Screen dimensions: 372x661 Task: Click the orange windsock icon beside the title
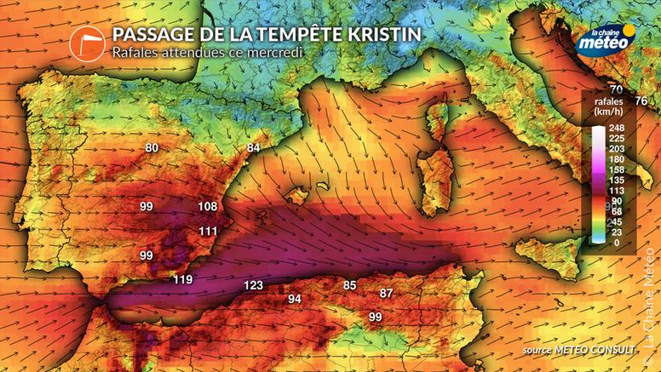click(x=87, y=42)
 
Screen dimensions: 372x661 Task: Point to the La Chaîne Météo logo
click(x=606, y=41)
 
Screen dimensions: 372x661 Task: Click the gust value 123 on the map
click(x=253, y=285)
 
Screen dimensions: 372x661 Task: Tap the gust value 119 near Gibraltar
click(x=182, y=279)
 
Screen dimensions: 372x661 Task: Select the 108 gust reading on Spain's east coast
click(x=207, y=207)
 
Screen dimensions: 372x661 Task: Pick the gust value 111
click(x=208, y=231)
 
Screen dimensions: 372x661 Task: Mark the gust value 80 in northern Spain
click(x=152, y=148)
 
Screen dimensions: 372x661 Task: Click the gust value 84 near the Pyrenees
click(x=253, y=148)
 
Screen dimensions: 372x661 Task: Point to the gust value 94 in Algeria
click(x=295, y=299)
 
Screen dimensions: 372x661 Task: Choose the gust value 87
click(x=386, y=293)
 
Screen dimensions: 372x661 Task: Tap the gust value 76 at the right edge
click(x=641, y=101)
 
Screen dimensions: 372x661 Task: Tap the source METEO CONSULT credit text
click(x=579, y=350)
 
